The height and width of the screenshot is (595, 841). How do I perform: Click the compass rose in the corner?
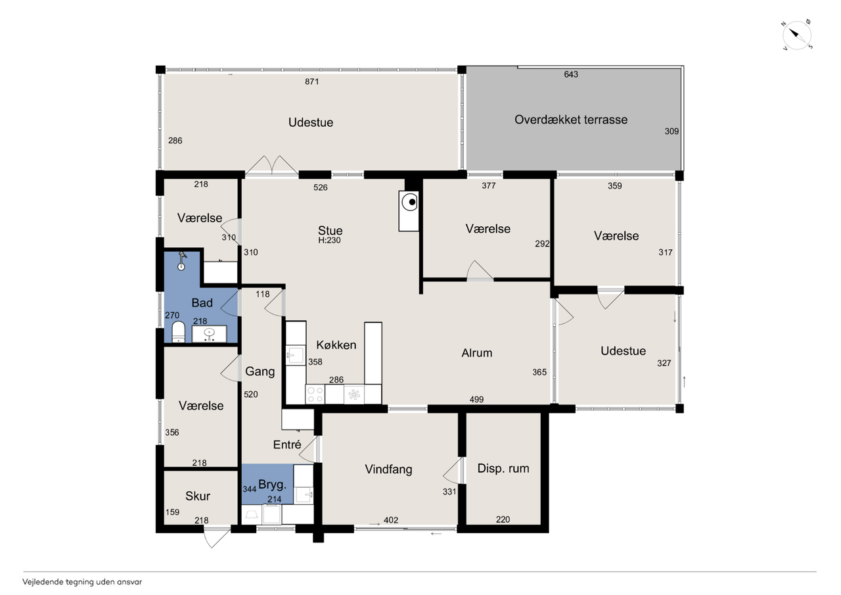pyautogui.click(x=797, y=36)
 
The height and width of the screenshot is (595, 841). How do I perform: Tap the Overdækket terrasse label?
pyautogui.click(x=571, y=120)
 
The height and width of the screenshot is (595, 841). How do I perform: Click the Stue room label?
pyautogui.click(x=330, y=230)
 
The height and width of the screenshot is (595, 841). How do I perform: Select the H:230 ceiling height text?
pyautogui.click(x=329, y=241)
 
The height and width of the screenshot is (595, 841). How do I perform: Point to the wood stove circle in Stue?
pyautogui.click(x=409, y=202)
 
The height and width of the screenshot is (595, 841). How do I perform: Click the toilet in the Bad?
pyautogui.click(x=178, y=332)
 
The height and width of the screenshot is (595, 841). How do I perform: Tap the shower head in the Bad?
pyautogui.click(x=182, y=261)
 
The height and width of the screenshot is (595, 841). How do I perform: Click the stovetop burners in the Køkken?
pyautogui.click(x=315, y=394)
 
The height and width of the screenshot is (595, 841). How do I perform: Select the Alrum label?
pyautogui.click(x=476, y=352)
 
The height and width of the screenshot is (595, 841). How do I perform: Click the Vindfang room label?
pyautogui.click(x=388, y=469)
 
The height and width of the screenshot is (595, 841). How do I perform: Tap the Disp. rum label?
pyautogui.click(x=503, y=468)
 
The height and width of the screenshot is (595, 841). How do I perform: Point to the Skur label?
pyautogui.click(x=198, y=496)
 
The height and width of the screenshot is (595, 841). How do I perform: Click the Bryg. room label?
pyautogui.click(x=272, y=485)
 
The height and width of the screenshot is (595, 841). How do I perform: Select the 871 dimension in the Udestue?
pyautogui.click(x=311, y=82)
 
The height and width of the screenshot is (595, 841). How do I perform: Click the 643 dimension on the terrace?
pyautogui.click(x=571, y=74)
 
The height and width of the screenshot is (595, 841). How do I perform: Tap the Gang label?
pyautogui.click(x=260, y=372)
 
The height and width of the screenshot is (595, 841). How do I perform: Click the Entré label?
pyautogui.click(x=287, y=444)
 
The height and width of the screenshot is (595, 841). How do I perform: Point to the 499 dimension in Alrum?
pyautogui.click(x=476, y=400)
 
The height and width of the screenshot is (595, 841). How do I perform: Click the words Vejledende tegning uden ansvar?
pyautogui.click(x=82, y=582)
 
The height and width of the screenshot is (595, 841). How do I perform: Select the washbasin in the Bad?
pyautogui.click(x=209, y=334)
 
